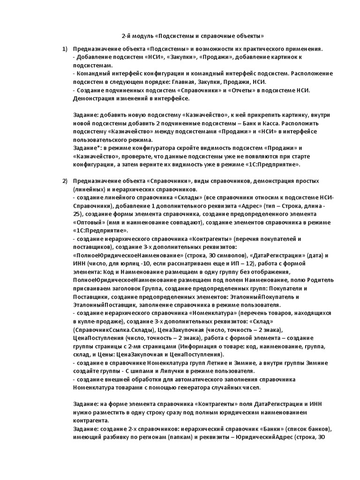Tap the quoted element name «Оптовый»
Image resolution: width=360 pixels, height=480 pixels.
click(89, 222)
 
